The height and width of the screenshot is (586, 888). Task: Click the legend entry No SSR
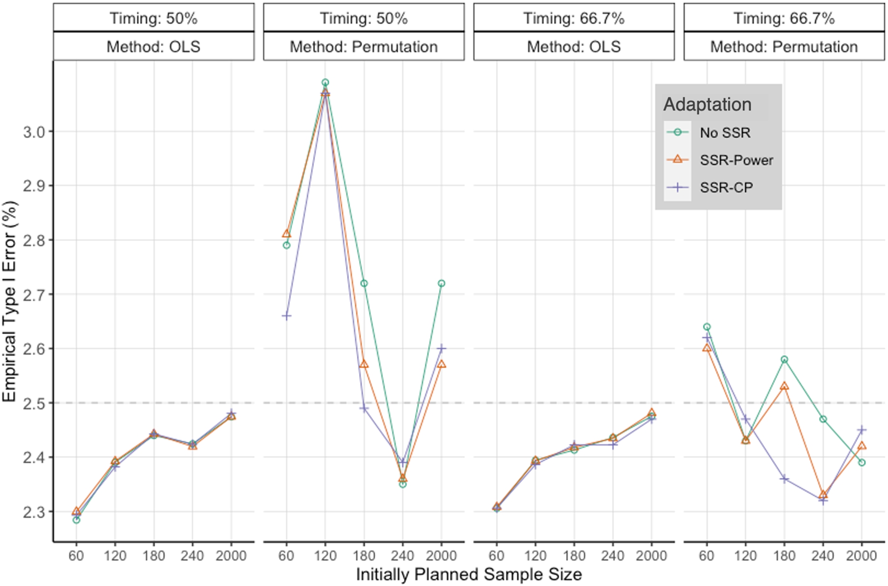[725, 133]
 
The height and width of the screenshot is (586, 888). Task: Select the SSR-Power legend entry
[736, 160]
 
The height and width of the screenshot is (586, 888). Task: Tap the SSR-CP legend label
[726, 188]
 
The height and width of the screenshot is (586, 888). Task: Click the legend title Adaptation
[707, 105]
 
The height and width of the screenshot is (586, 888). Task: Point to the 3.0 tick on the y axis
[34, 132]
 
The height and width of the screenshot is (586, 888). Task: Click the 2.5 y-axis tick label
[34, 403]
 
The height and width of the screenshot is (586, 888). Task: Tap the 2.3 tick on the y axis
[34, 512]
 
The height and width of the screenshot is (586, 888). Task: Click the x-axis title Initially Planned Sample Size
[468, 575]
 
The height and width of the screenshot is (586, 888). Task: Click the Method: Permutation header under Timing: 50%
[363, 47]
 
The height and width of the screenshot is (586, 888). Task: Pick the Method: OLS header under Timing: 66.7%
[573, 47]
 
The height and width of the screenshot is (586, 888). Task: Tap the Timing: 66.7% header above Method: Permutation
[784, 19]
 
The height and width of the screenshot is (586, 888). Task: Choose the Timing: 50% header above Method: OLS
[153, 19]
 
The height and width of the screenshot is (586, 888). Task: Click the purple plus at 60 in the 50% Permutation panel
[286, 316]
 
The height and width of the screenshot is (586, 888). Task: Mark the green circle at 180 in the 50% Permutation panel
[364, 284]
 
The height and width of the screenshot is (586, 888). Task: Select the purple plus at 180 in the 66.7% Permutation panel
[784, 479]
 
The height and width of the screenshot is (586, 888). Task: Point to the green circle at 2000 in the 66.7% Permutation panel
[861, 462]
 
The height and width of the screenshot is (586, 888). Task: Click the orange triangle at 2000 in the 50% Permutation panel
[441, 365]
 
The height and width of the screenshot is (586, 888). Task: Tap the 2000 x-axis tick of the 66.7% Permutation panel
[861, 556]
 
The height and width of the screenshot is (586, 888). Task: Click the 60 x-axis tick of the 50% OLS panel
[76, 556]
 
